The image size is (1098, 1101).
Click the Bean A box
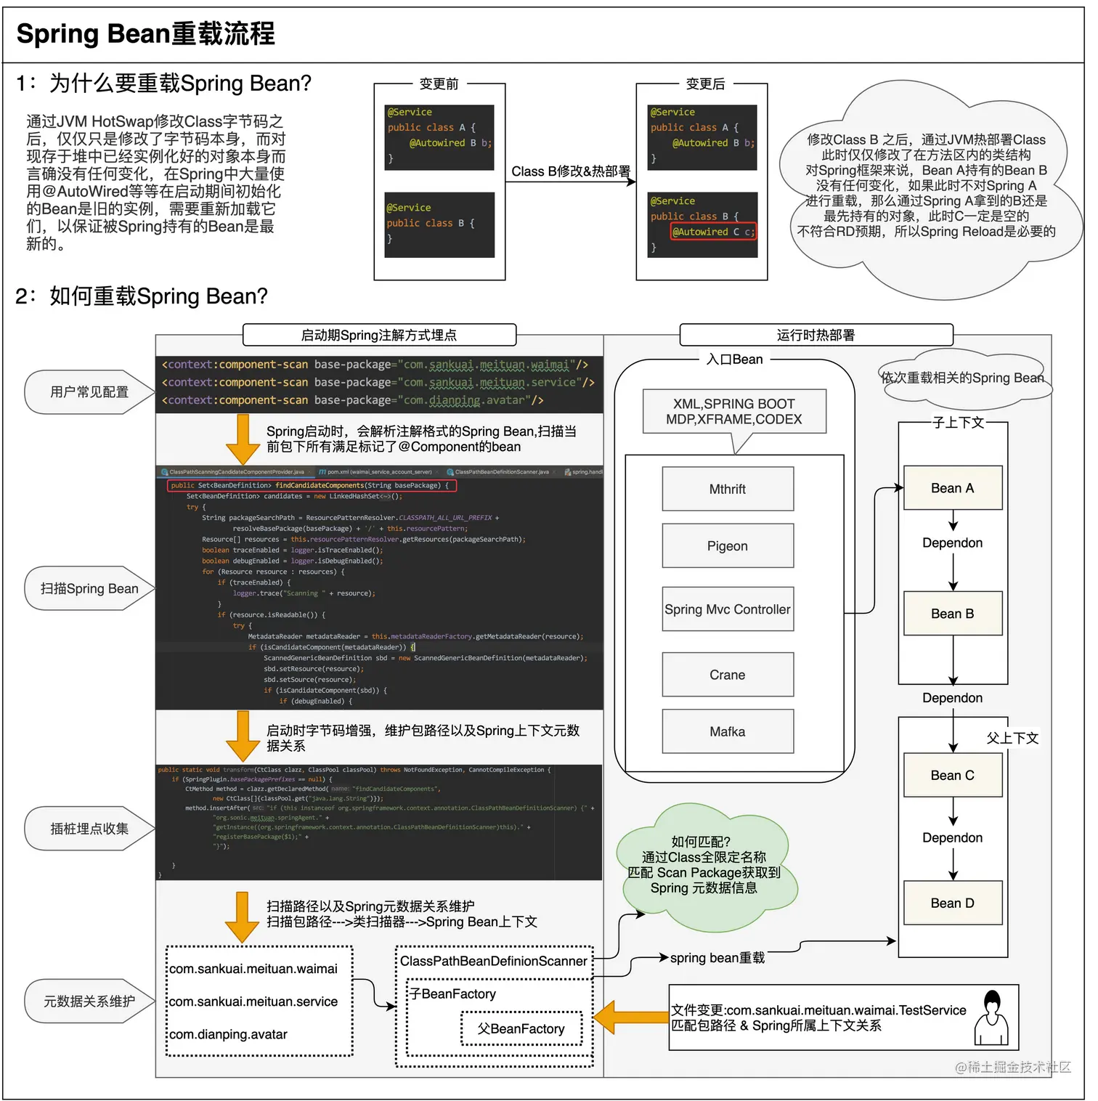tap(953, 488)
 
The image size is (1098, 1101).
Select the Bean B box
tap(953, 614)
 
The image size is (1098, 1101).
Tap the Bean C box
tap(953, 775)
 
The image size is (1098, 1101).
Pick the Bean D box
tap(953, 903)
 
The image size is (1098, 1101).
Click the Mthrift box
tap(728, 489)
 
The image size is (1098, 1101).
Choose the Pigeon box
tap(728, 546)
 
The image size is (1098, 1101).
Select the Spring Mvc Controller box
tap(728, 609)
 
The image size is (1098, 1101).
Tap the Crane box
tap(728, 675)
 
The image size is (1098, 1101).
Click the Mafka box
tap(728, 731)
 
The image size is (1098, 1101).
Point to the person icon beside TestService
tap(991, 1018)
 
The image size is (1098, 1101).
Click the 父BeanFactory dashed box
tap(521, 1028)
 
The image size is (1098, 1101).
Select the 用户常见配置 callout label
tap(89, 392)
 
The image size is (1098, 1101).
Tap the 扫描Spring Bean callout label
tap(89, 589)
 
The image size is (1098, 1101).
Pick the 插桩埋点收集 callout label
tap(89, 829)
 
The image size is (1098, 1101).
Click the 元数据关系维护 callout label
tap(89, 1002)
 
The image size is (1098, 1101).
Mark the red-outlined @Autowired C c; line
tap(713, 232)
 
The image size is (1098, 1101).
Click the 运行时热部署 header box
tap(816, 335)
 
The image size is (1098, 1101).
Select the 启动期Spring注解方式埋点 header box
tap(379, 335)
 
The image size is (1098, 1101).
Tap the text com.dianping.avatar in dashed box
tap(228, 1034)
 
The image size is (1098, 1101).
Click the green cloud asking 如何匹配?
tap(703, 865)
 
